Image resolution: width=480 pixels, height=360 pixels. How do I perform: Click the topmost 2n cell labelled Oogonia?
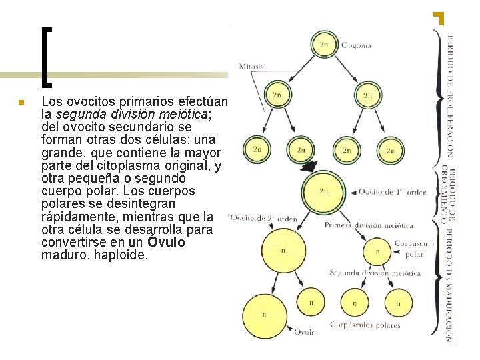[x=324, y=45]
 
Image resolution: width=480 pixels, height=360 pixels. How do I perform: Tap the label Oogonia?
[x=356, y=46]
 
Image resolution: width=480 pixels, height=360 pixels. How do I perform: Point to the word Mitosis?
[x=251, y=67]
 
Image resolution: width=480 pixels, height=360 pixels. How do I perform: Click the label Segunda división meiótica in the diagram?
[x=375, y=273]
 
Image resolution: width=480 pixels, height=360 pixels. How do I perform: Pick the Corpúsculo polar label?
[x=414, y=249]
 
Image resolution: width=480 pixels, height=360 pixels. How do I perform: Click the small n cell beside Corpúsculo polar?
[x=378, y=251]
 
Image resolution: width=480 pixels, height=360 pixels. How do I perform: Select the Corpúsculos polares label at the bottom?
[x=365, y=325]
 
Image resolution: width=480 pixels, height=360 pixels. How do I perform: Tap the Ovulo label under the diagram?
[x=305, y=331]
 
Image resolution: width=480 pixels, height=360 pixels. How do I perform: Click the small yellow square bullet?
[x=21, y=103]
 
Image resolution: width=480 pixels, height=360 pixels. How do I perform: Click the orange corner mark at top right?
[x=439, y=17]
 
